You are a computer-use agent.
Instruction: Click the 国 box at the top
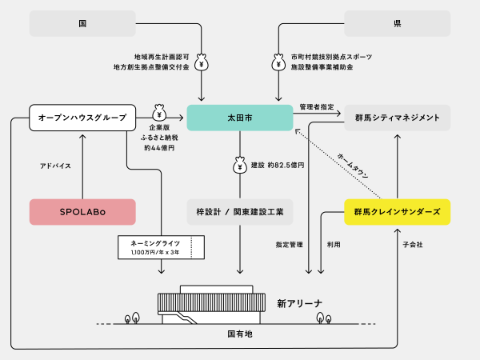click(x=82, y=23)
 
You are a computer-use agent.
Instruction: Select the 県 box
click(x=397, y=23)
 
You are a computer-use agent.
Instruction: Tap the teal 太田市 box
click(x=239, y=118)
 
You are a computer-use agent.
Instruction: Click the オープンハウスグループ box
click(x=82, y=118)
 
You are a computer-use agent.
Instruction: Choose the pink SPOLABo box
click(x=82, y=211)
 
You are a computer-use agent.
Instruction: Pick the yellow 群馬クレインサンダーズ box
click(x=397, y=211)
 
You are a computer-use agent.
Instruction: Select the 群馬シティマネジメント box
click(x=397, y=118)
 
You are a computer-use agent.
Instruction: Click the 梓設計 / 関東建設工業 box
click(x=239, y=211)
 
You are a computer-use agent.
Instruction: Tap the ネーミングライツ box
click(x=161, y=246)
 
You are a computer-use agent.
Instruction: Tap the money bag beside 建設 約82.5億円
click(x=239, y=165)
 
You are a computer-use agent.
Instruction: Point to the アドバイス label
click(x=55, y=166)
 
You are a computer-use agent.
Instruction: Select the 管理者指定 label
click(x=317, y=106)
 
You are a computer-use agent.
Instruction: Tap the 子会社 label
click(x=413, y=243)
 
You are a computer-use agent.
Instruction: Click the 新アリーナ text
click(x=300, y=303)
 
